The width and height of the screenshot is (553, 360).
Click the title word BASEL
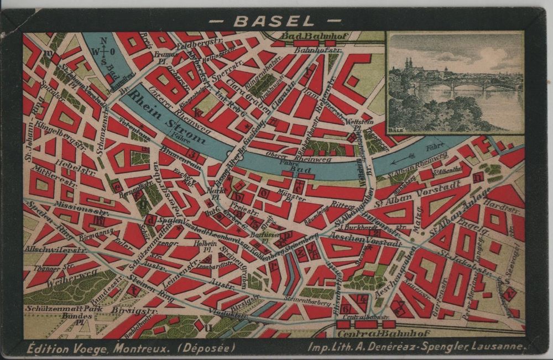274,21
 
